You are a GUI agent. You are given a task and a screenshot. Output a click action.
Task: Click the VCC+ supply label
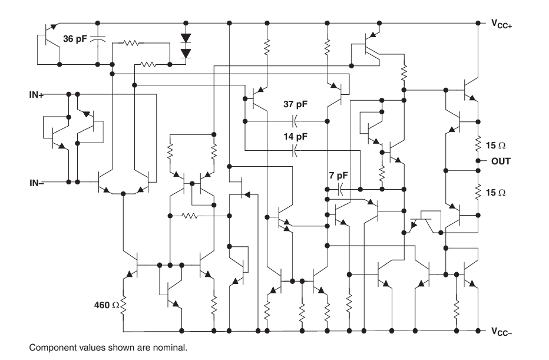(501, 24)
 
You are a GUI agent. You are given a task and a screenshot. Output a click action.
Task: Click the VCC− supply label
(501, 331)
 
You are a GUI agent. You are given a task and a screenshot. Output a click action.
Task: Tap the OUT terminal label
(501, 161)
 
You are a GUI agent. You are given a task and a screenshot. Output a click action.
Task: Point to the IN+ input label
(37, 95)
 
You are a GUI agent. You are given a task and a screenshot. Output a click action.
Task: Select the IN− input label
(37, 183)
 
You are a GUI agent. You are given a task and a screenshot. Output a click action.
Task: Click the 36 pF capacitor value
(75, 39)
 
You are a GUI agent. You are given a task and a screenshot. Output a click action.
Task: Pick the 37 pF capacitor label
(296, 104)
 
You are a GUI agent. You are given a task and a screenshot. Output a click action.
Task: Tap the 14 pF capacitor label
(296, 136)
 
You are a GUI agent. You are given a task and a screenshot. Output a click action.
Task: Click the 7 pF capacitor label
(339, 176)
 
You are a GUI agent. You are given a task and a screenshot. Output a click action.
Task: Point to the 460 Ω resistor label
(107, 305)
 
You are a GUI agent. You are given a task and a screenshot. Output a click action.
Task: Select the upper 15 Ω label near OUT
(495, 146)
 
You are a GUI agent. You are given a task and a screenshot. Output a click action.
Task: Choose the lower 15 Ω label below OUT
(495, 192)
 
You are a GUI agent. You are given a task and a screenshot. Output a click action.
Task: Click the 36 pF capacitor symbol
(98, 38)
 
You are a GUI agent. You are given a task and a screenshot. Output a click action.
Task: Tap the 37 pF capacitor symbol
(296, 121)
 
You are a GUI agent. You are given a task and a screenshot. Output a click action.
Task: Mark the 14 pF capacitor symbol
(296, 151)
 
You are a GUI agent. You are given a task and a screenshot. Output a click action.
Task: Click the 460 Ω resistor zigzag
(123, 305)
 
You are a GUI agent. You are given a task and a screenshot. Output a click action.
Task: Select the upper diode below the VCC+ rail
(186, 38)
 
